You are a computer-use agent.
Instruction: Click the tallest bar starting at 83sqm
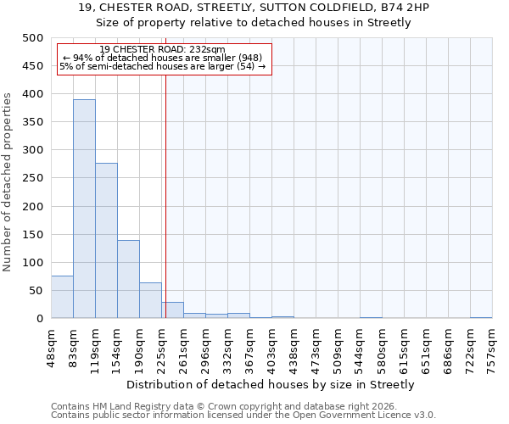click(84, 209)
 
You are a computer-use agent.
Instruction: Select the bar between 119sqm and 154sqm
click(106, 241)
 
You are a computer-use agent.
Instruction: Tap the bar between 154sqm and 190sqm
click(128, 279)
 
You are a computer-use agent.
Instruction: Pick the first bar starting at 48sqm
click(62, 297)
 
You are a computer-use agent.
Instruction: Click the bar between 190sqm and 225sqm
click(150, 300)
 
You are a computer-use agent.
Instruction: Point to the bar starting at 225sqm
click(172, 310)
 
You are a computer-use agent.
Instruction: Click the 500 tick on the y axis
click(32, 38)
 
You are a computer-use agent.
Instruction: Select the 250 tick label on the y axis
click(32, 178)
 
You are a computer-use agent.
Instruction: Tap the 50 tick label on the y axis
click(36, 291)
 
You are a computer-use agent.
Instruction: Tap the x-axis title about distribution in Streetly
click(271, 384)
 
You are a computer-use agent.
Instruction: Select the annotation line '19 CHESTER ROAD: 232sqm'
click(162, 49)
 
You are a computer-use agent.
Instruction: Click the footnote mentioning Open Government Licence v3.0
click(243, 415)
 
